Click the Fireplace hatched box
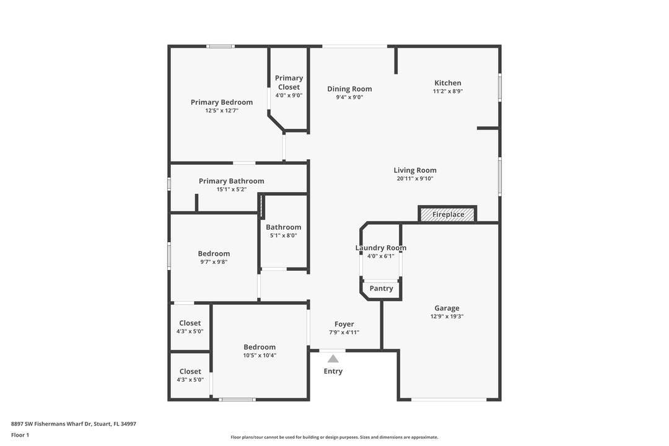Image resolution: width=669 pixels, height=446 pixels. point(447,214)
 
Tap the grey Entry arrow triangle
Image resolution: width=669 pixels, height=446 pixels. point(333,359)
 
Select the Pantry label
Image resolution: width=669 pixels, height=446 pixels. point(381,289)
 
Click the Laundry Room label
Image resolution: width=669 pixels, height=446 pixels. point(380,248)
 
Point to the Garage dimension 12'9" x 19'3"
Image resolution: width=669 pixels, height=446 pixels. point(447,317)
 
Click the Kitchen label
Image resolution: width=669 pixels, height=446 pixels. point(448,83)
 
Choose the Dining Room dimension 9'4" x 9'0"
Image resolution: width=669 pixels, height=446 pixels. point(349,97)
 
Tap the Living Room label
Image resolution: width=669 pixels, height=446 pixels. point(414,170)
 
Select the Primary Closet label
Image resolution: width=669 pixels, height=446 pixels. point(289,82)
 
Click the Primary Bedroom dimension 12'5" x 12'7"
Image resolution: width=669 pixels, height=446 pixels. point(222,110)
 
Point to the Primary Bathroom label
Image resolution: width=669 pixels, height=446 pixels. point(231,181)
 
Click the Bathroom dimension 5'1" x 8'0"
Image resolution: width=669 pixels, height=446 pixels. point(283,235)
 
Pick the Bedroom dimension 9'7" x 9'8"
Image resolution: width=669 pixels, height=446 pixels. point(214,262)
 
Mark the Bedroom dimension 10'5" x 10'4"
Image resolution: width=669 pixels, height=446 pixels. point(260,356)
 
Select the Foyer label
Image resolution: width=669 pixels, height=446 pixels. point(344,325)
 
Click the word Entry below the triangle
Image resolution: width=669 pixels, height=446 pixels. point(333,371)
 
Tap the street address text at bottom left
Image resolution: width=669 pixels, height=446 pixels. point(73,424)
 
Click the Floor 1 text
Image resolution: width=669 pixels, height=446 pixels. point(20,435)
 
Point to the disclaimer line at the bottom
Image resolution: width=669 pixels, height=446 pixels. point(334,437)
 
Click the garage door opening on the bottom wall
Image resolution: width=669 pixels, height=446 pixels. point(449,400)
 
